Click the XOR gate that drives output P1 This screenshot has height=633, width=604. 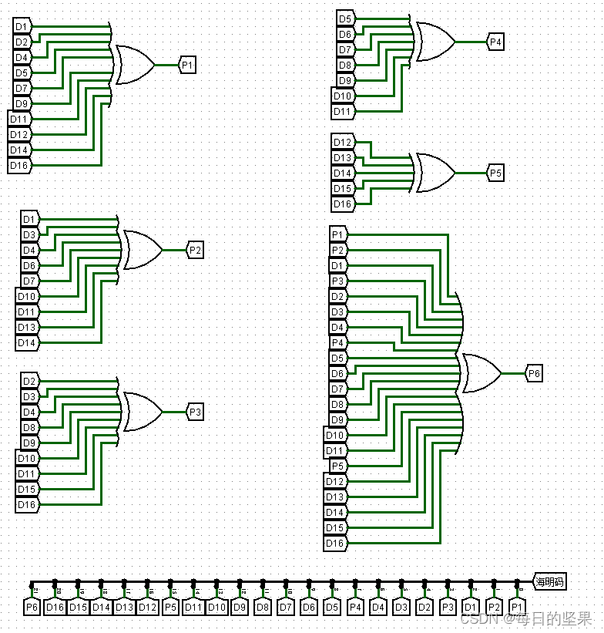pyautogui.click(x=134, y=65)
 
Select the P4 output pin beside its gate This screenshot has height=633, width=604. pyautogui.click(x=495, y=42)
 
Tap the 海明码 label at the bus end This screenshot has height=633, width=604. pyautogui.click(x=550, y=581)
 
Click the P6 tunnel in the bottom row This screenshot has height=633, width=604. pyautogui.click(x=32, y=607)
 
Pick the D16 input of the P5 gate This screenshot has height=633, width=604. pyautogui.click(x=343, y=204)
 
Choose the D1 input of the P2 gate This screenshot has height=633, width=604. pyautogui.click(x=29, y=219)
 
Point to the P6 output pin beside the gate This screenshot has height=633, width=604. pyautogui.click(x=534, y=373)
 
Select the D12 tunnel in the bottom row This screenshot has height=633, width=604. pyautogui.click(x=147, y=607)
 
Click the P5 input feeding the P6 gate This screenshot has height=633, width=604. pyautogui.click(x=337, y=466)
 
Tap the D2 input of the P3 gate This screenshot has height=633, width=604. pyautogui.click(x=29, y=381)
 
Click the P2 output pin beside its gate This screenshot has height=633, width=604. pyautogui.click(x=195, y=250)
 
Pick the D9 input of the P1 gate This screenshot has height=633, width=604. pyautogui.click(x=22, y=103)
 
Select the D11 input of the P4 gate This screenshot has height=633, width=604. pyautogui.click(x=343, y=111)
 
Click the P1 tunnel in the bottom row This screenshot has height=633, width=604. pyautogui.click(x=517, y=607)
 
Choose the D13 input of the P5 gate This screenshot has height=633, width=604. pyautogui.click(x=343, y=157)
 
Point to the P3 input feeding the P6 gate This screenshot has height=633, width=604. pyautogui.click(x=337, y=281)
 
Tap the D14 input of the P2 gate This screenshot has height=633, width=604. pyautogui.click(x=27, y=342)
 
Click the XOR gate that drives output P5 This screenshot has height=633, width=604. pyautogui.click(x=435, y=173)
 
